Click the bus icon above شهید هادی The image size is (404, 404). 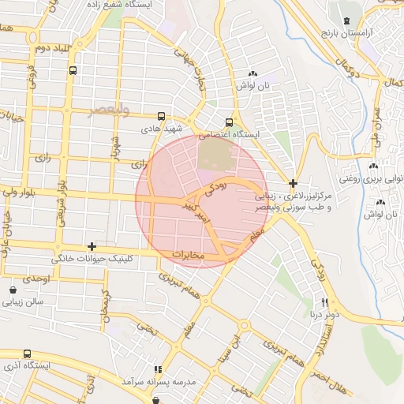tap(162, 115)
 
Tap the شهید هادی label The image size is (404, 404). tap(162, 128)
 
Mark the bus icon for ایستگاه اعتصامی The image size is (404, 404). tap(229, 122)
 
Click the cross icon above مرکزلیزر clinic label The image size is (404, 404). tap(293, 182)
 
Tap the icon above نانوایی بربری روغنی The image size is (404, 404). tap(373, 166)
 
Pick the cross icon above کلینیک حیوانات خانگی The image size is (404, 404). tap(92, 247)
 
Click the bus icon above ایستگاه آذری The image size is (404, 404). tap(28, 354)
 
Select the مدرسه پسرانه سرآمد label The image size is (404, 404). tap(158, 382)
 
